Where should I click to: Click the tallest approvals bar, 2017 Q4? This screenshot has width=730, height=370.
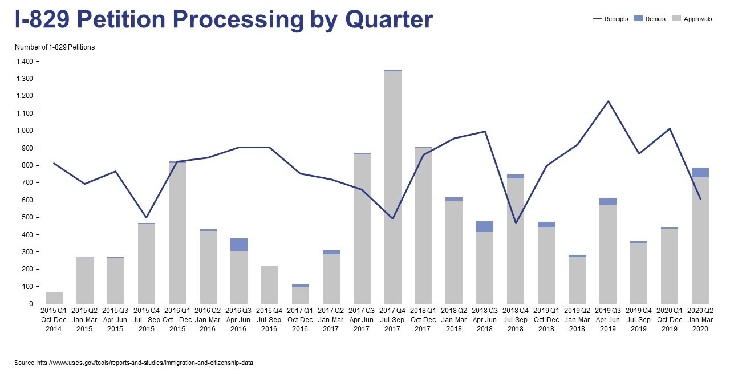click(x=392, y=188)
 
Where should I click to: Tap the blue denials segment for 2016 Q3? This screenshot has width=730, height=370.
click(x=239, y=245)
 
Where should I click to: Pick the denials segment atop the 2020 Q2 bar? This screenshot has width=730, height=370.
click(x=700, y=172)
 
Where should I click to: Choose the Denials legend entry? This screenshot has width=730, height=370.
click(x=651, y=19)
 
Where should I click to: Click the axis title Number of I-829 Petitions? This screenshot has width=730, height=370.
click(x=55, y=47)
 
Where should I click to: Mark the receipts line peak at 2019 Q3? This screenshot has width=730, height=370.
click(x=608, y=101)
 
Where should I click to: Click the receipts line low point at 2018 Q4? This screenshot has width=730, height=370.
click(x=516, y=223)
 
